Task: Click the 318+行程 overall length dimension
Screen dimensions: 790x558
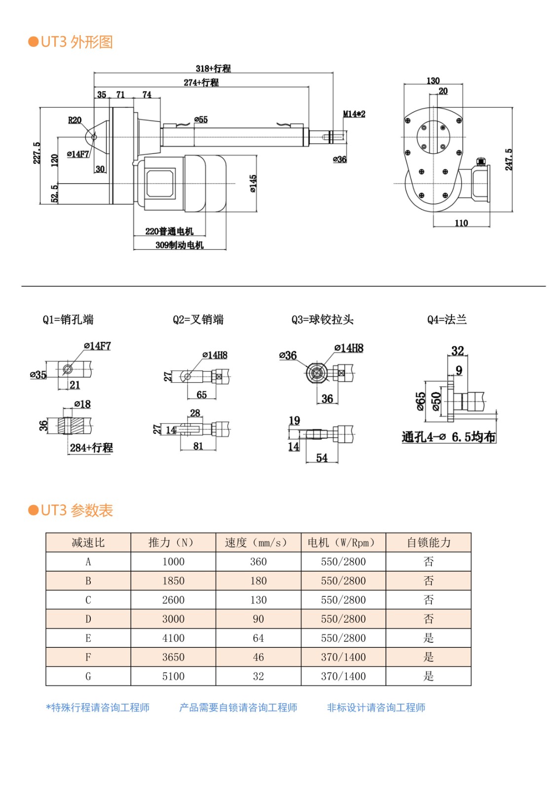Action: (213, 69)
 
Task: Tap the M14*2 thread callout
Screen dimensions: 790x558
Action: (354, 114)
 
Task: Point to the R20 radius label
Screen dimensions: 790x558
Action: (74, 120)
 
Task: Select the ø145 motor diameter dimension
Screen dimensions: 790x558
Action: (253, 183)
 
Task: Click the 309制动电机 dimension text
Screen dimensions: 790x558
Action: (179, 245)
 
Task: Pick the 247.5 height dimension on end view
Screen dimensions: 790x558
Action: (509, 159)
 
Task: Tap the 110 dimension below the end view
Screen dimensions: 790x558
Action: (461, 223)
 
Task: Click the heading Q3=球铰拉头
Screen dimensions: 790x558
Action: (322, 320)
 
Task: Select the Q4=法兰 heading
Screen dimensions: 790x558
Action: (447, 320)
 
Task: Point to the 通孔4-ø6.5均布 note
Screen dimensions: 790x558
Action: (448, 437)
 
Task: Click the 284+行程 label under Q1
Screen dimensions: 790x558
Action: (91, 448)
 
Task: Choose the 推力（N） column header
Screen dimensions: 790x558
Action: (173, 543)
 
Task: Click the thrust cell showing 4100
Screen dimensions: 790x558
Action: (173, 638)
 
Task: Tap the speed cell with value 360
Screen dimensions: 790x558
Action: (258, 562)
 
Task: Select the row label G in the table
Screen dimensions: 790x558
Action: (88, 676)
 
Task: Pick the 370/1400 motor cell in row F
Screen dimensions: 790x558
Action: (343, 657)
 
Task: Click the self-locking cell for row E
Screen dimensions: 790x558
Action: (428, 638)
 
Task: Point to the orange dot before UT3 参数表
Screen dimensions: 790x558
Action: (34, 510)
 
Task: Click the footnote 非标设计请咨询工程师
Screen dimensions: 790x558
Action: (376, 708)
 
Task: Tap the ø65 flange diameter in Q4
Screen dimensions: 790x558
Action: (420, 401)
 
